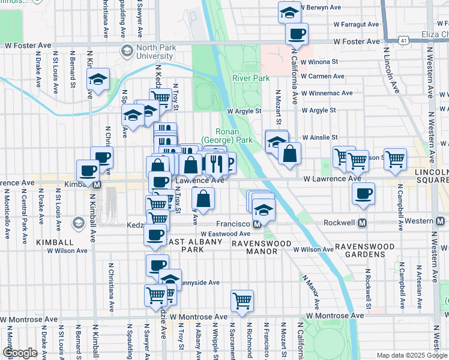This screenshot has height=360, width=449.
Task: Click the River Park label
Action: point(251,78)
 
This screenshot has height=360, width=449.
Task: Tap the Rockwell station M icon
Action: point(363,223)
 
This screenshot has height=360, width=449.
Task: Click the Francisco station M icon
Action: point(257,224)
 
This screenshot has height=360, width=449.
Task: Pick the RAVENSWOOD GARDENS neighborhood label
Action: point(369,251)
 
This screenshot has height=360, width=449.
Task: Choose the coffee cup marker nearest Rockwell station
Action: point(363,194)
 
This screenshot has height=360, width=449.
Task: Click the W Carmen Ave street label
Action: point(322,77)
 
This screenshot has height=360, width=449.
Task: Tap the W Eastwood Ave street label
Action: point(225,234)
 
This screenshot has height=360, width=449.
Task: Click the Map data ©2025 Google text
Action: point(412,355)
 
